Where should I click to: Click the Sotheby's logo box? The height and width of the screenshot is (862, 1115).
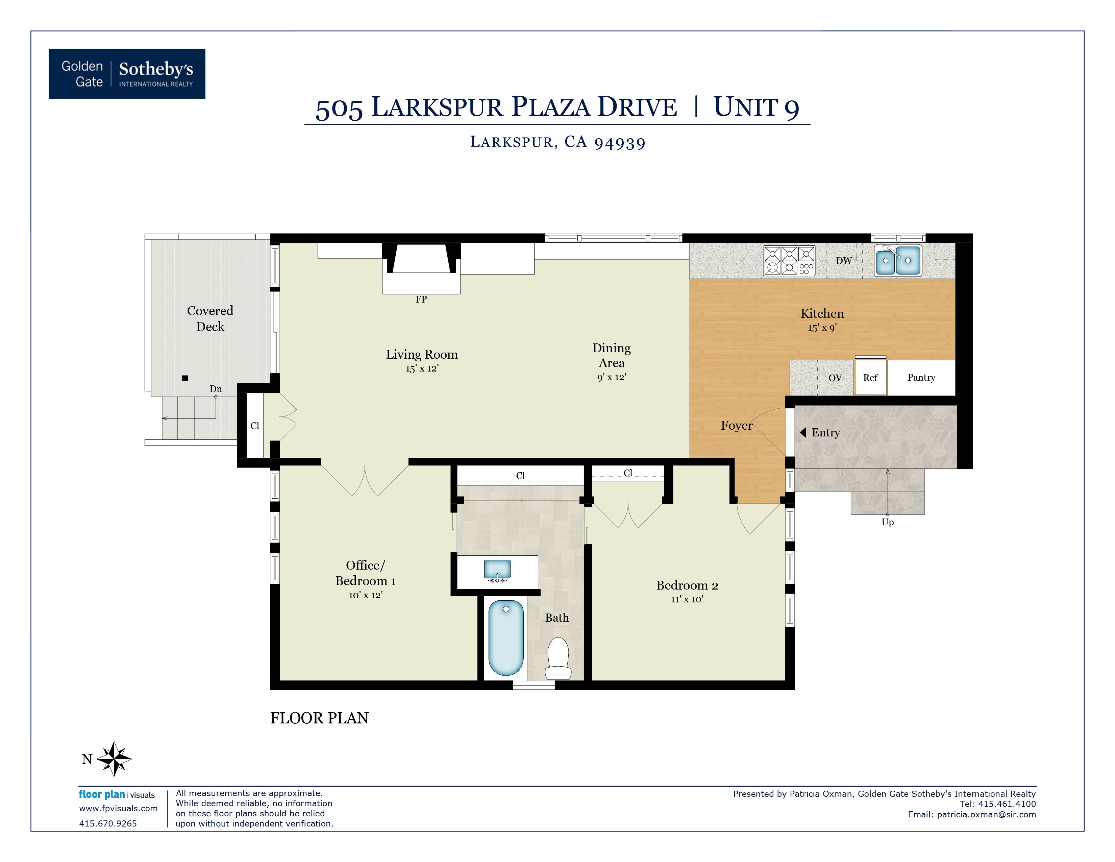coord(127,74)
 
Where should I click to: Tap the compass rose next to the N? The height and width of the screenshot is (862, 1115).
coord(114,759)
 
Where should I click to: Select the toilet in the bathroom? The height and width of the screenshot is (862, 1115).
coord(559,659)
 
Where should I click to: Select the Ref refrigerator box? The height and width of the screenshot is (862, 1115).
coord(870,377)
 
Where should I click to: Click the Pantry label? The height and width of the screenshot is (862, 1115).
coord(921,377)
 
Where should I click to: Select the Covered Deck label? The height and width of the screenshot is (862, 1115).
coord(210,318)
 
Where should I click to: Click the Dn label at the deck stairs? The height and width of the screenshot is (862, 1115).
coord(216,389)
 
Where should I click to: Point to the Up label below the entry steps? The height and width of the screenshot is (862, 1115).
coord(887,522)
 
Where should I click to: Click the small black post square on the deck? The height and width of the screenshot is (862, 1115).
coord(185,378)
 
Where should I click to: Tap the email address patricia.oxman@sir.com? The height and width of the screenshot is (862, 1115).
coord(986,815)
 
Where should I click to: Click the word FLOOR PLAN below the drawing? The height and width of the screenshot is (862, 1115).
coord(319,718)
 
